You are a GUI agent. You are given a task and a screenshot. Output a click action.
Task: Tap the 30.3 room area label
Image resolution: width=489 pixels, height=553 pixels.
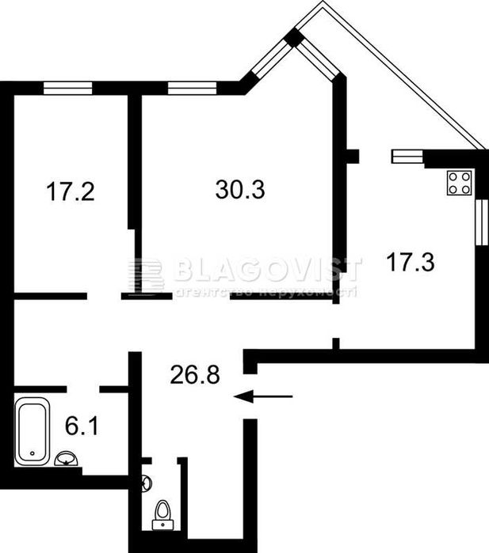(240, 190)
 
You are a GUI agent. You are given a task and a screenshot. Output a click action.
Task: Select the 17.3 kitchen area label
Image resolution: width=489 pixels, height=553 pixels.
(410, 261)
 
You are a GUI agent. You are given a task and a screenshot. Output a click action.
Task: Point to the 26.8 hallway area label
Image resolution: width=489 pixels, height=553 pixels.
(194, 373)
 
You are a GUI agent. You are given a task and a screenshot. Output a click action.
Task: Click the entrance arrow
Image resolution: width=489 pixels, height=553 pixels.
(264, 396)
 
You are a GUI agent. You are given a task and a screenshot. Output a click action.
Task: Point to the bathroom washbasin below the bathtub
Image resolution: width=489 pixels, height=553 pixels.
(67, 459)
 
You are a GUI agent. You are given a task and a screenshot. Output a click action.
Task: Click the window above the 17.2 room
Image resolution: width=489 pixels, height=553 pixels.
(68, 88)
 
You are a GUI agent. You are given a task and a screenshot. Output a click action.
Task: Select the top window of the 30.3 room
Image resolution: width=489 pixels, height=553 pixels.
(192, 88)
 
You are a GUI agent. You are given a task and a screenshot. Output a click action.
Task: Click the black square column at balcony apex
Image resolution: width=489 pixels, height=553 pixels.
(293, 36)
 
